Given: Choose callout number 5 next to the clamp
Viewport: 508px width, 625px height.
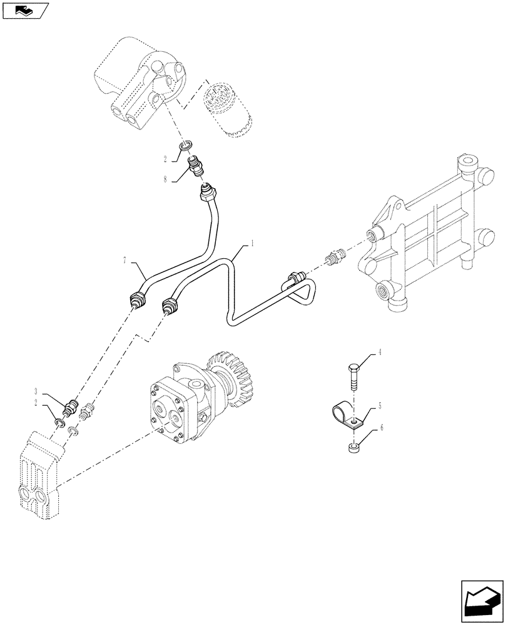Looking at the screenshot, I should pos(379,406).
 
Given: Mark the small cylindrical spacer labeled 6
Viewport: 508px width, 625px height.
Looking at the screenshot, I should pos(353,447).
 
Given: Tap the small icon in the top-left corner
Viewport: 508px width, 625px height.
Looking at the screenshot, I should pos(25,10).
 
